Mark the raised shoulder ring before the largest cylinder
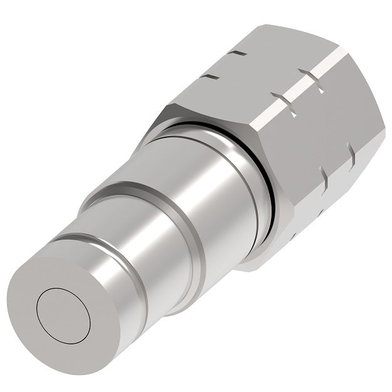[135, 188]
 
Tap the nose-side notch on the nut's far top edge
[211, 77]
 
